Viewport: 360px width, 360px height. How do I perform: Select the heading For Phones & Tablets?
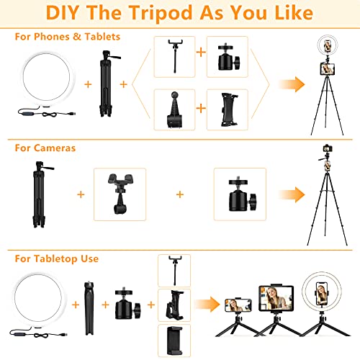tap(68, 36)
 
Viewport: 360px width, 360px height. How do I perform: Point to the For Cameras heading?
tap(45, 148)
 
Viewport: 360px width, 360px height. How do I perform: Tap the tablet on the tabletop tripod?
tap(274, 294)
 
